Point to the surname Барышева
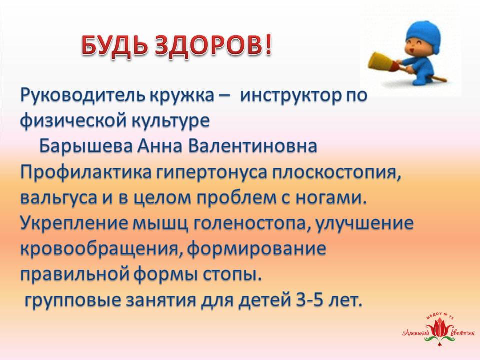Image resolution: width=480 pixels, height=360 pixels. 85,147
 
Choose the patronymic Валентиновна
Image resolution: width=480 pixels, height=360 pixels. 252,147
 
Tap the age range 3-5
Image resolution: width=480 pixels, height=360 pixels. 309,300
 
